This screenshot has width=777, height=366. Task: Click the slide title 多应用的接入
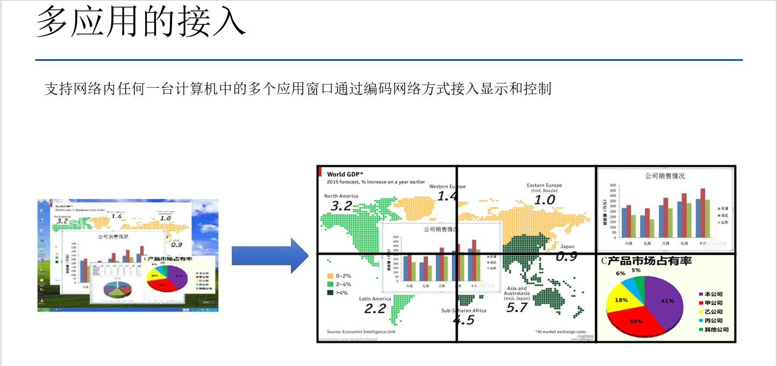141,23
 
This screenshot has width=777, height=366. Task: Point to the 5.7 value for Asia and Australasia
517,308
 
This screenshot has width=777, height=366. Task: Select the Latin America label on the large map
375,299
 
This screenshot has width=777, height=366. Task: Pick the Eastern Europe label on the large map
544,186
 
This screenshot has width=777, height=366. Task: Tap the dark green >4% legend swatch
330,293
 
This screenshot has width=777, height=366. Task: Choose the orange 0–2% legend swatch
330,276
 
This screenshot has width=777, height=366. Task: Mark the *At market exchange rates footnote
560,332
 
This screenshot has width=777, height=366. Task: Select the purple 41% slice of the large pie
665,301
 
